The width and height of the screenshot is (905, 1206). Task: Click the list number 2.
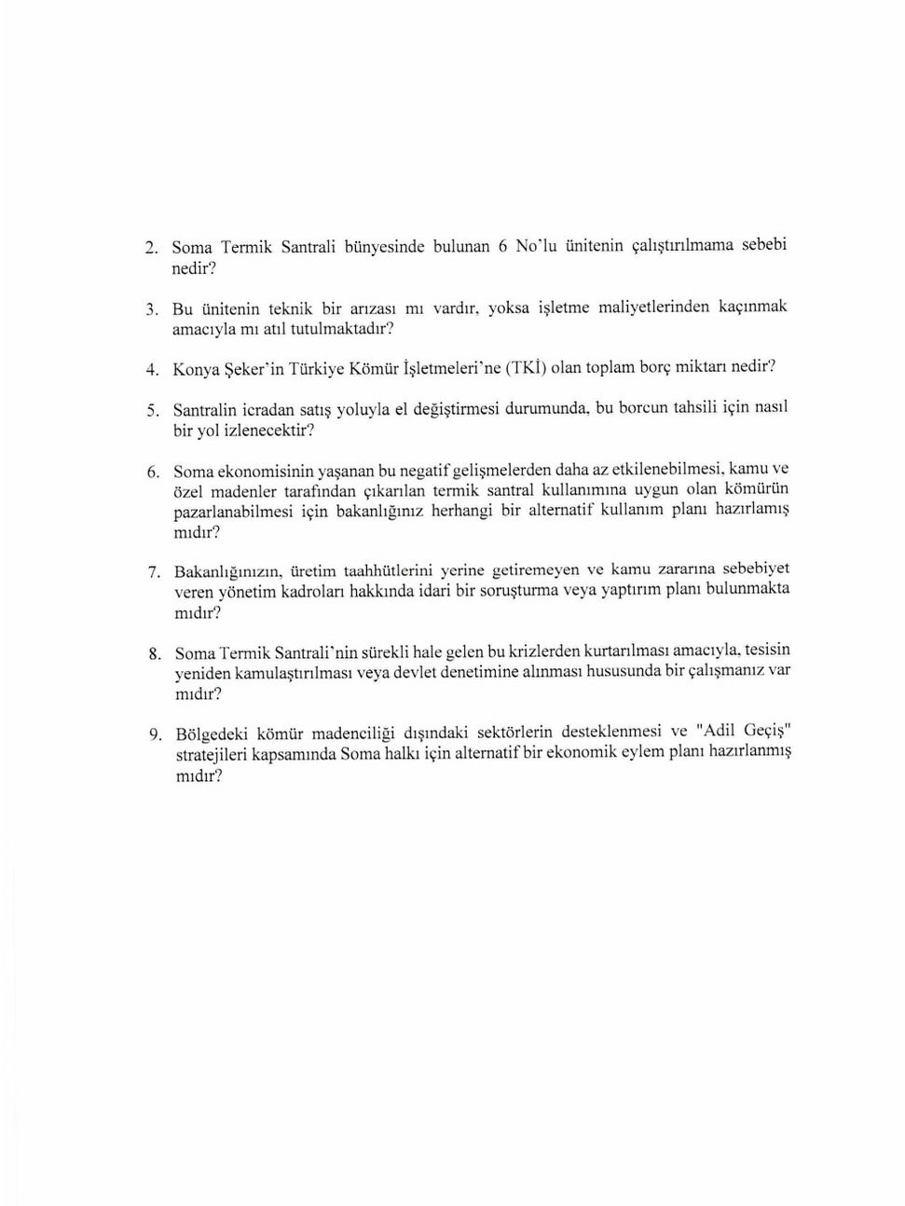[149, 250]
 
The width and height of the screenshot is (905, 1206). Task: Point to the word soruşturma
[518, 590]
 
